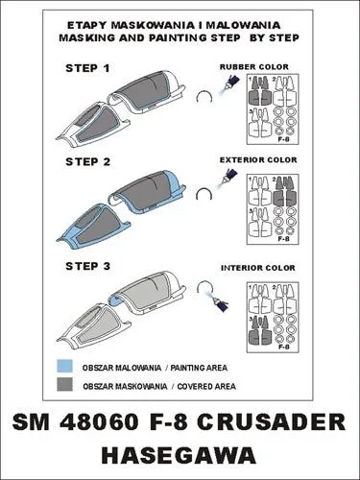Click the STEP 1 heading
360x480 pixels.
pos(87,68)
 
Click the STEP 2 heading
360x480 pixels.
pos(87,162)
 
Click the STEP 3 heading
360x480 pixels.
pos(87,266)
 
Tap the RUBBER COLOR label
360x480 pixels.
pos(254,67)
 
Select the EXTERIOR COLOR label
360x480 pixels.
pos(258,159)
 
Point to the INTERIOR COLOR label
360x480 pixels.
pos(258,268)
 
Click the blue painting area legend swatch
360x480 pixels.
pos(64,366)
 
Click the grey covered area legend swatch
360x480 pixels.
pos(64,384)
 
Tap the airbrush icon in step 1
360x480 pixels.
pos(228,84)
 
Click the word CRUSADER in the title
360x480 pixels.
pos(271,422)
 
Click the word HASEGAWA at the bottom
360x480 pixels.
pos(180,455)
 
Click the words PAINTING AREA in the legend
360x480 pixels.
pos(199,368)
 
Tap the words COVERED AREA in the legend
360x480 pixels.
pos(206,386)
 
